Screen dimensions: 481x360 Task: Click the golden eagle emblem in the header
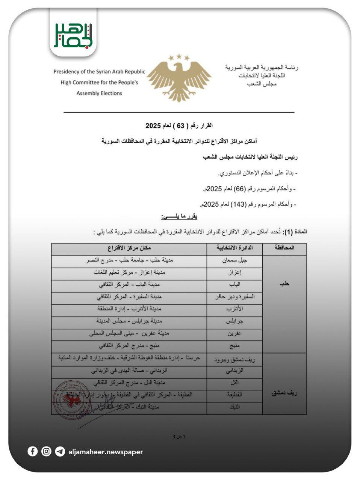pos(179,78)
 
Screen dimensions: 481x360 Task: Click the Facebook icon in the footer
pos(33,451)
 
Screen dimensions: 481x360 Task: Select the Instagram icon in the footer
pos(46,451)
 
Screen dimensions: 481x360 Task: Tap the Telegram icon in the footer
pos(60,451)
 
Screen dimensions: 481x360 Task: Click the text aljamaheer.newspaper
pos(106,452)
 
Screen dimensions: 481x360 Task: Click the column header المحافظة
pos(284,248)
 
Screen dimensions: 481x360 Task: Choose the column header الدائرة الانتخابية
pos(234,248)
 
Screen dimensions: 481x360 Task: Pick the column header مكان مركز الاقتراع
pos(129,248)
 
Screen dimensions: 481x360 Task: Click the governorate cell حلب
pos(284,284)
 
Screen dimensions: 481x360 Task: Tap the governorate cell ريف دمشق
pos(284,393)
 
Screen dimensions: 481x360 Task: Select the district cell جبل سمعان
pos(234,260)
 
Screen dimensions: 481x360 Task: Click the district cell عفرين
pos(234,333)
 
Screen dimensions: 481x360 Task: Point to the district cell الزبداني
pos(234,371)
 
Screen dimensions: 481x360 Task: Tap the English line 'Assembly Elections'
pos(99,93)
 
